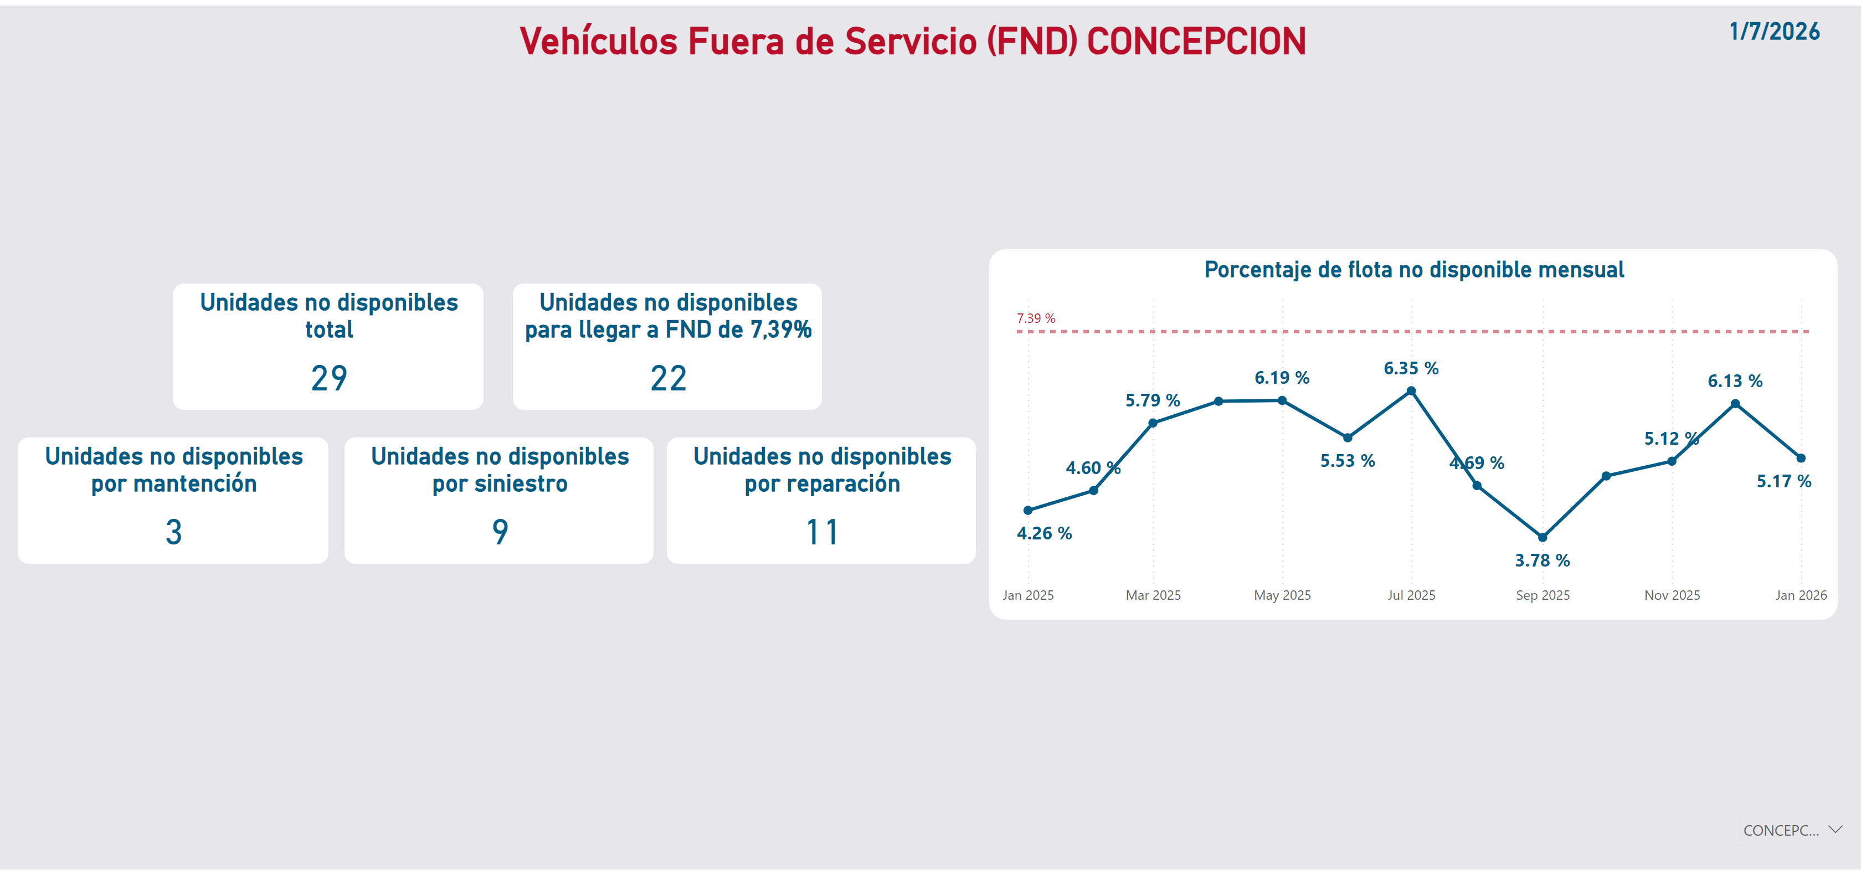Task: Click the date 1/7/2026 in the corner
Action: [1773, 32]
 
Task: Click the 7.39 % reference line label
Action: [1035, 318]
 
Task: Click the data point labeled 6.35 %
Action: [1411, 391]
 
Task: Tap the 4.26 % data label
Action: [1044, 533]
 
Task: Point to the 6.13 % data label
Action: [1735, 381]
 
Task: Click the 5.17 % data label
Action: [1783, 481]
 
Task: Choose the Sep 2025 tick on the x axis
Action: [1543, 595]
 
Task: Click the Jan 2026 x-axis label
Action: [1800, 595]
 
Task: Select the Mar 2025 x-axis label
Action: [1153, 595]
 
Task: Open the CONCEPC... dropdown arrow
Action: [1835, 830]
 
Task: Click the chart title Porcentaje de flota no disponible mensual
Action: [1414, 270]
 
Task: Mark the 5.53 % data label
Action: [1348, 461]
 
